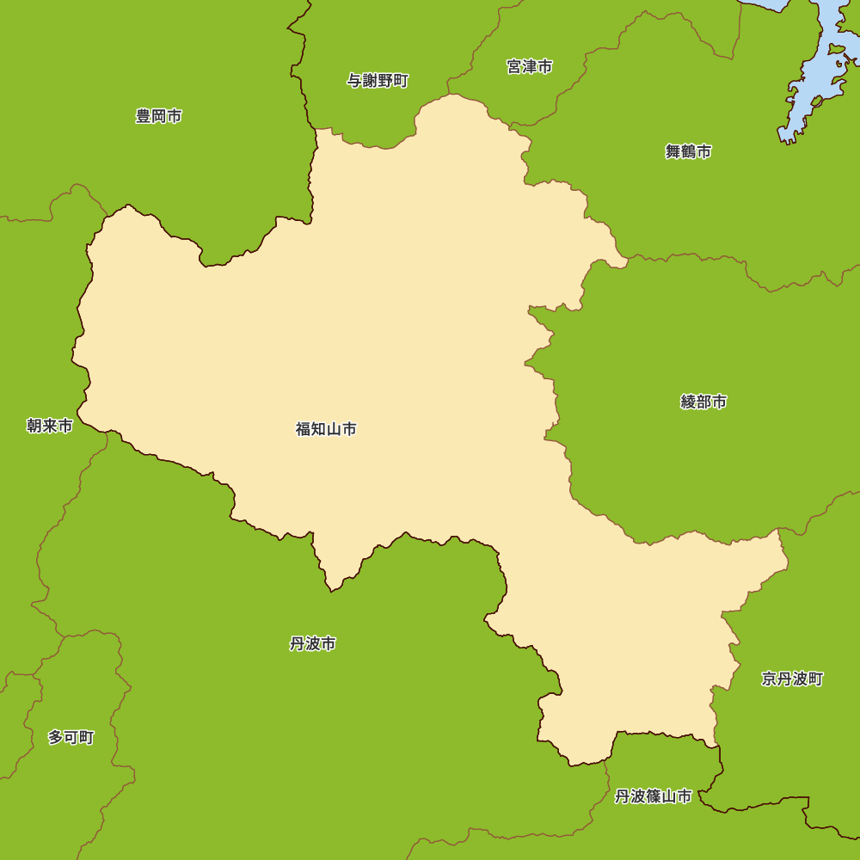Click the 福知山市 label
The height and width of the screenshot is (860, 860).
click(x=326, y=429)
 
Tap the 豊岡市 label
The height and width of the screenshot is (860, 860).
click(x=158, y=116)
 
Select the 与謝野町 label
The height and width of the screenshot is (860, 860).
click(x=378, y=81)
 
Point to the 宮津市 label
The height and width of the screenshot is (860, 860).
click(x=529, y=66)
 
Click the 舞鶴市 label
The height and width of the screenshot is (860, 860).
click(x=688, y=152)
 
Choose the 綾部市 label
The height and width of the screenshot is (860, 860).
click(x=703, y=402)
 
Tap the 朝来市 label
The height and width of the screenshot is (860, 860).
click(x=49, y=426)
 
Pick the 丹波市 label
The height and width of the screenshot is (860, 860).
click(x=312, y=643)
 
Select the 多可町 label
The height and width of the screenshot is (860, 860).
click(x=71, y=737)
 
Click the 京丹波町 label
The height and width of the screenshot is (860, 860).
click(x=792, y=679)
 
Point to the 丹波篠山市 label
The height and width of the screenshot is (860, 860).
click(x=653, y=796)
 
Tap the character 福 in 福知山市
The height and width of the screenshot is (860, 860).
click(x=304, y=429)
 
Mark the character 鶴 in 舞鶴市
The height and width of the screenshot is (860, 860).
click(x=688, y=152)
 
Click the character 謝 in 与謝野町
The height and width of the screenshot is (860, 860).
click(x=370, y=81)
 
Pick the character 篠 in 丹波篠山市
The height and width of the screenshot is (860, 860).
click(x=653, y=796)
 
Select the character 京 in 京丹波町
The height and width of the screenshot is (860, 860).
click(x=769, y=679)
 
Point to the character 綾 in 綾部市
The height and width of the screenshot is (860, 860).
click(x=688, y=402)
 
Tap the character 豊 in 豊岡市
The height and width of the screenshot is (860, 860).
click(x=144, y=116)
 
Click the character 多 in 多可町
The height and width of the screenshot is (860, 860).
click(x=55, y=737)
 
